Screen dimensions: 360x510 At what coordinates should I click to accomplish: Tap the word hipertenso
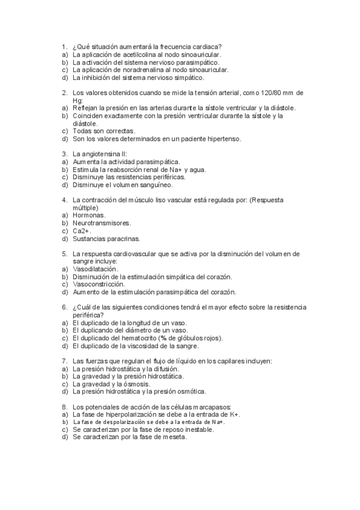pyautogui.click(x=221, y=139)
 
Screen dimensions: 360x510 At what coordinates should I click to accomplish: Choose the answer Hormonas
pyautogui.click(x=89, y=215)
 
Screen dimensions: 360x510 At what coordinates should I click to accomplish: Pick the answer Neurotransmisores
pyautogui.click(x=102, y=223)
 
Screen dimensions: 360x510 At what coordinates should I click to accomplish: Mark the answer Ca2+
pyautogui.click(x=82, y=231)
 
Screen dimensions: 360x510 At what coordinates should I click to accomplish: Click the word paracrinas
pyautogui.click(x=121, y=239)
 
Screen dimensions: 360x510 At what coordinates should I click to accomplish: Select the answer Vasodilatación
pyautogui.click(x=95, y=269)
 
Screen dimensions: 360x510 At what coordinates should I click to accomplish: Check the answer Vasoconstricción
pyautogui.click(x=99, y=284)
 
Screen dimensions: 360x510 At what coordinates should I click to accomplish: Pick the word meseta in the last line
pyautogui.click(x=175, y=437)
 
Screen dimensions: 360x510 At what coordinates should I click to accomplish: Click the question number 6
pyautogui.click(x=64, y=307)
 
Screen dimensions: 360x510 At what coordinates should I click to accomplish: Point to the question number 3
pyautogui.click(x=64, y=154)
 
